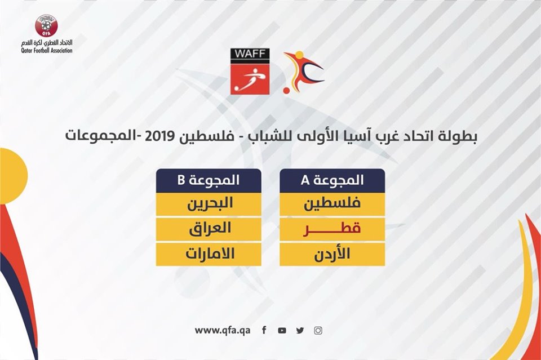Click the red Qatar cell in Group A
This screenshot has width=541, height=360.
coord(332,229)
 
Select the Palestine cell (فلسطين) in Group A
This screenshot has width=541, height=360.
coord(332,204)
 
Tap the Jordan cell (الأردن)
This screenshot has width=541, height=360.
coord(332,255)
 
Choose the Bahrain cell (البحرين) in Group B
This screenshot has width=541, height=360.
coord(209,204)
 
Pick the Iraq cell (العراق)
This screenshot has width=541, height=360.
coord(209,229)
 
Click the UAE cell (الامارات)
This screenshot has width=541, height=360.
coord(209,255)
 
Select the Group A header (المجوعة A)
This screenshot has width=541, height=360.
coord(332,180)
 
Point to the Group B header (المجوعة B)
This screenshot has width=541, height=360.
coord(209,180)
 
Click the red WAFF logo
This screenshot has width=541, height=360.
coord(250,72)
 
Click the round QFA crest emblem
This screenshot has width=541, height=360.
coord(46,25)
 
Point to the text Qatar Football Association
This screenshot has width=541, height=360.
coord(47,51)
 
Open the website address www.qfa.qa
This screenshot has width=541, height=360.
coord(223,330)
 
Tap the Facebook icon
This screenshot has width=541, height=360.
coord(264,330)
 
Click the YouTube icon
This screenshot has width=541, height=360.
coord(282,330)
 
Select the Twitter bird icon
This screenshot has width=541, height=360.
coord(300,330)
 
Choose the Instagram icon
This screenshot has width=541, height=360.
coord(318,330)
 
